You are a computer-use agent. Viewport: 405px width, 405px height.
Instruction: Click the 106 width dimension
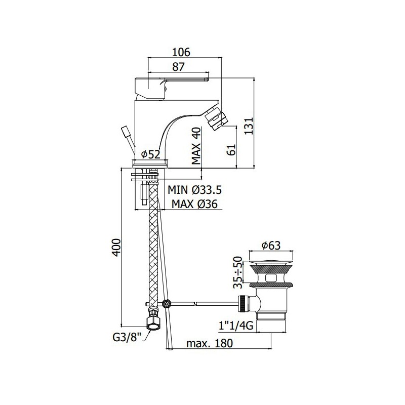tap(181, 52)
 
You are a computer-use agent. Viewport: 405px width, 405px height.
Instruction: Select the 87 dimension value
tap(179, 67)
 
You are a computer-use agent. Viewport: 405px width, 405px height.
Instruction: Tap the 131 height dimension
tap(249, 126)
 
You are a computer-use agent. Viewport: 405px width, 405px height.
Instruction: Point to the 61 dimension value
tap(232, 149)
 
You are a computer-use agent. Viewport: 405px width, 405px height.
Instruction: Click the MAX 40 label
tap(196, 146)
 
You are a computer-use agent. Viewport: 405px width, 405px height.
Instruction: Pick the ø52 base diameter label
tap(151, 154)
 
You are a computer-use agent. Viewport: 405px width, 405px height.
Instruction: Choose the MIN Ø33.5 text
tap(195, 190)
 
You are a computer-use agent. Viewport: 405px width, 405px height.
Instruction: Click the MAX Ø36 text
tap(195, 204)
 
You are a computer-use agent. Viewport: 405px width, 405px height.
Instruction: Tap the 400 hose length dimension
tap(116, 248)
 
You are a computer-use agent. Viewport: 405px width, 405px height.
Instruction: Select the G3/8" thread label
tap(128, 337)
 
